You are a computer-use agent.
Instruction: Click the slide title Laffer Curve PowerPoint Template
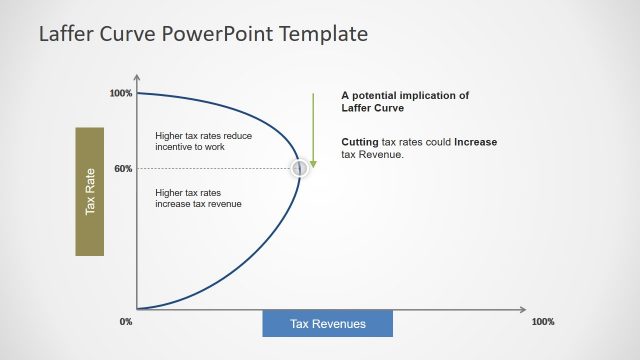pyautogui.click(x=203, y=34)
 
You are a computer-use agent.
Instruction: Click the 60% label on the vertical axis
pyautogui.click(x=123, y=169)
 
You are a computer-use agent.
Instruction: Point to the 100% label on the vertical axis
pyautogui.click(x=121, y=94)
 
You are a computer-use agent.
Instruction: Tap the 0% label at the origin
pyautogui.click(x=126, y=322)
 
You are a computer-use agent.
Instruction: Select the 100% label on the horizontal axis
pyautogui.click(x=542, y=322)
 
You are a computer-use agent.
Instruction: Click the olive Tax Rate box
pyautogui.click(x=89, y=191)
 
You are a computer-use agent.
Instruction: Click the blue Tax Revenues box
pyautogui.click(x=327, y=324)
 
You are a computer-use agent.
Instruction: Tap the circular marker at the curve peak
pyautogui.click(x=299, y=169)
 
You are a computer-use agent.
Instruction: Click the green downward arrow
pyautogui.click(x=313, y=130)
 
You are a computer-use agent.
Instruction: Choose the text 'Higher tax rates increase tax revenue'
pyautogui.click(x=198, y=198)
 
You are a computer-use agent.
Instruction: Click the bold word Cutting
pyautogui.click(x=360, y=142)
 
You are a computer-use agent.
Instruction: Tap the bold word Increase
pyautogui.click(x=475, y=142)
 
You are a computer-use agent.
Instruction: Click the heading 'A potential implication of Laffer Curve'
pyautogui.click(x=404, y=101)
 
